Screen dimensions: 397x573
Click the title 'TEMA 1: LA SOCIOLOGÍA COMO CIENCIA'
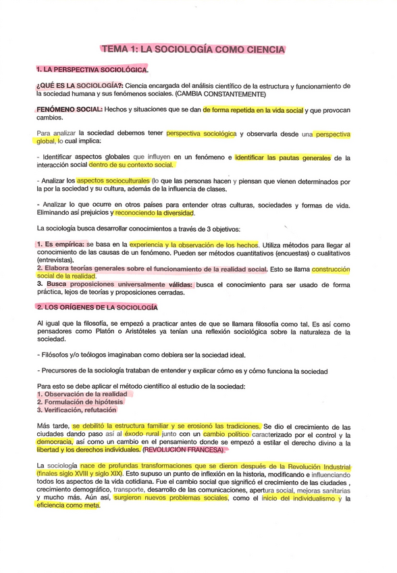pos(192,49)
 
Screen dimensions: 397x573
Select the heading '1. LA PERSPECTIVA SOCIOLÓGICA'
pos(92,70)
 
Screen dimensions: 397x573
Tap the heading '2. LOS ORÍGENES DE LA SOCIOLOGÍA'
pos(97,307)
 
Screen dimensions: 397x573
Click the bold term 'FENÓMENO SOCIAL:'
pos(70,109)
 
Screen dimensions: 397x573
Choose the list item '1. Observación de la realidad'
pos(81,393)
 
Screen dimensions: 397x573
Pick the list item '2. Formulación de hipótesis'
pos(80,401)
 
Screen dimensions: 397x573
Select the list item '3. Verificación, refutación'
pos(76,409)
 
